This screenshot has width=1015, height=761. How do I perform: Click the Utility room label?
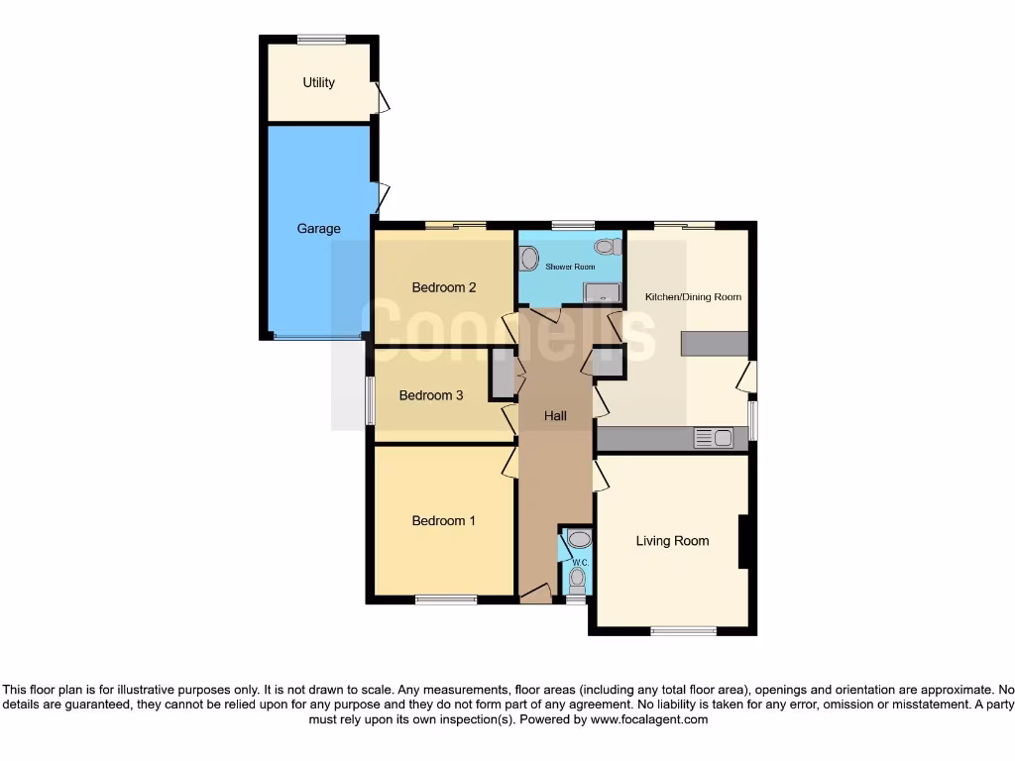click(x=319, y=83)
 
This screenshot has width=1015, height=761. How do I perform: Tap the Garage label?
click(x=319, y=229)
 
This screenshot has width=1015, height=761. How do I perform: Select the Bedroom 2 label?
click(x=444, y=288)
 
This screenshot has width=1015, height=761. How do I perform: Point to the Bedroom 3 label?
click(x=431, y=395)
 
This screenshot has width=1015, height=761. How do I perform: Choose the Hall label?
click(x=555, y=416)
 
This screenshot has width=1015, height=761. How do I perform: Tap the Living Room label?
click(x=672, y=541)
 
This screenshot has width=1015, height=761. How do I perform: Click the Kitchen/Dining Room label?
click(x=693, y=297)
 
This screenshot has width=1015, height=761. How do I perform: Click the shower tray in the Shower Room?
click(x=602, y=291)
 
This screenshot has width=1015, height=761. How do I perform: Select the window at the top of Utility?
click(x=321, y=40)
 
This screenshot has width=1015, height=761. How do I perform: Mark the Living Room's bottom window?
click(x=684, y=630)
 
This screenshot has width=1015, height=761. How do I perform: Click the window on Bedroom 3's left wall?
click(x=370, y=400)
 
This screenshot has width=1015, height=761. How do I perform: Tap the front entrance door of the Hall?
click(x=535, y=595)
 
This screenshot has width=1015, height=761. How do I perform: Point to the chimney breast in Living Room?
click(x=742, y=541)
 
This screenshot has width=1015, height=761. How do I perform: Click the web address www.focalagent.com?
click(x=650, y=719)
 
